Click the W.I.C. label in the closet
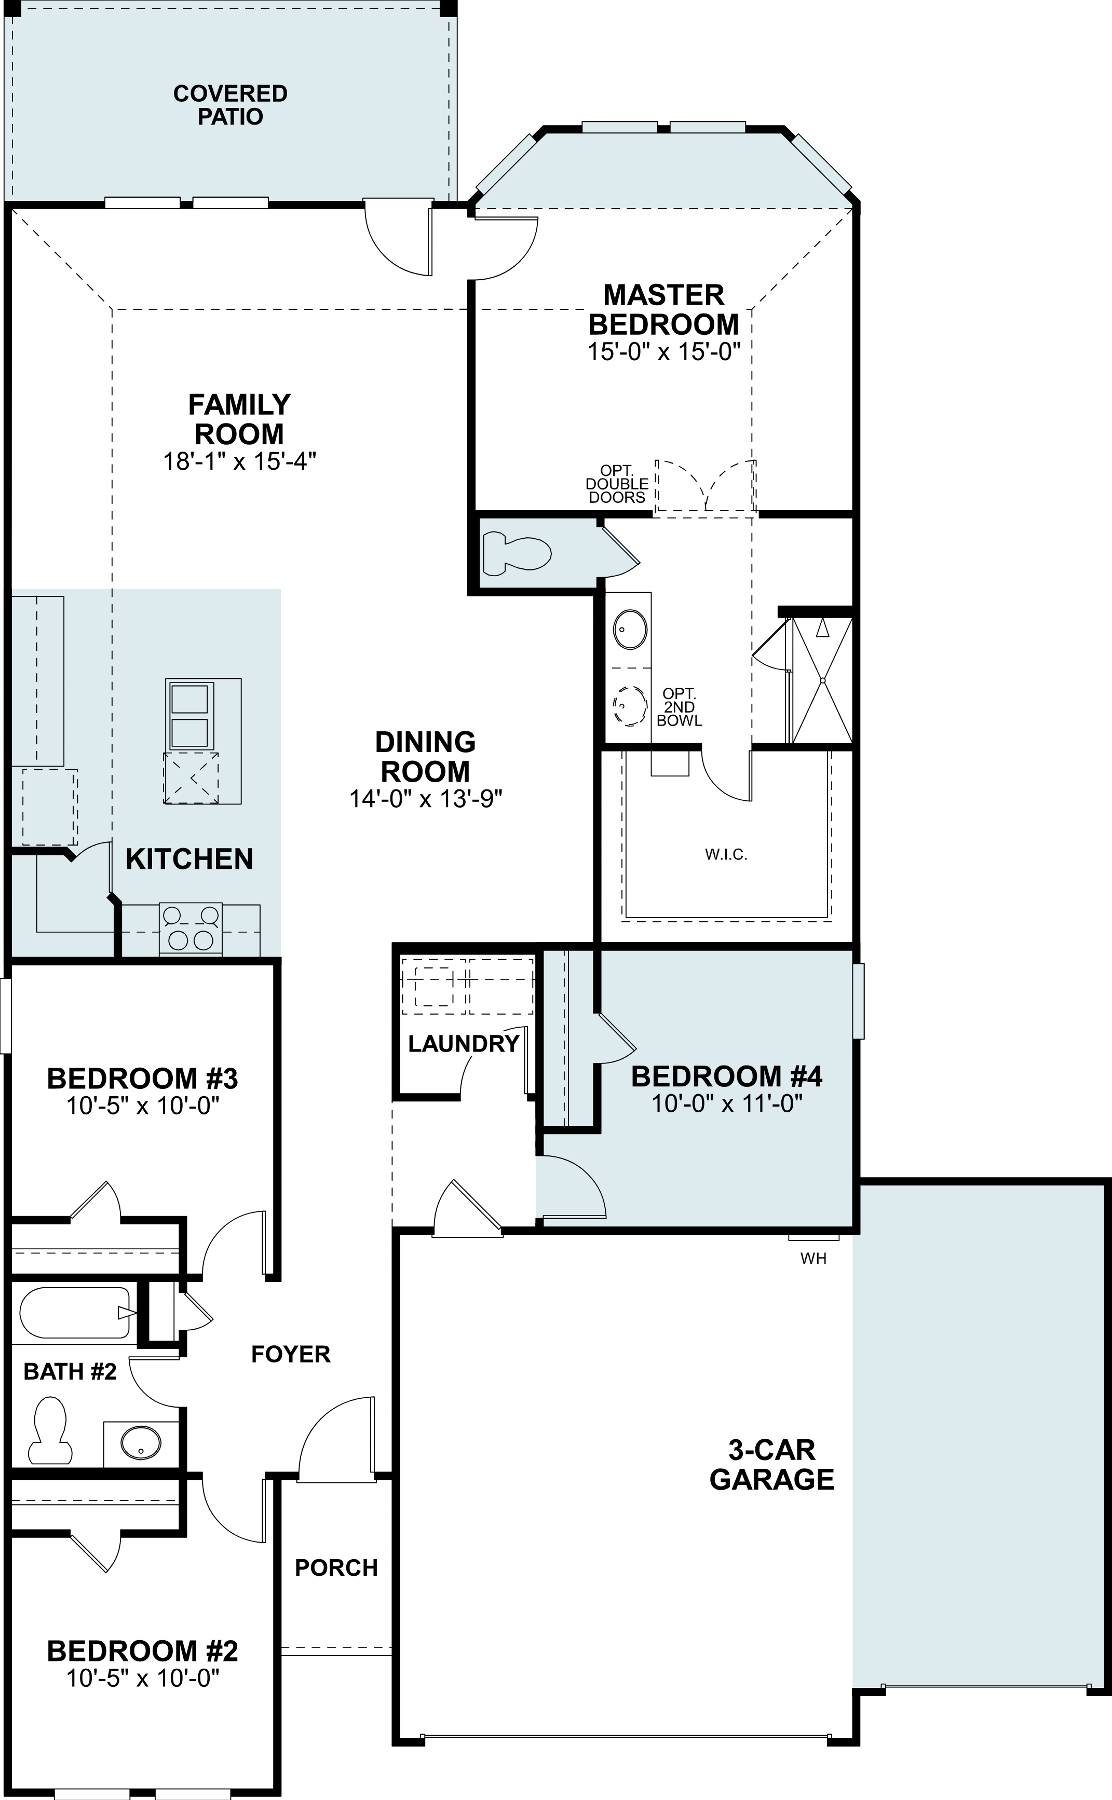point(726,854)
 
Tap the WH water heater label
point(813,1258)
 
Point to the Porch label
point(336,1567)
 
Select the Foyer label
point(291,1355)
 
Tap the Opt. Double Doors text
point(617,484)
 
